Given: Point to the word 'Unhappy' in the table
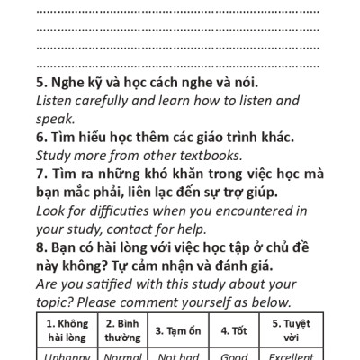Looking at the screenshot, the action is [x=65, y=355].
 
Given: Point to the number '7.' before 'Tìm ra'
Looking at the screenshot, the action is [x=41, y=174].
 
